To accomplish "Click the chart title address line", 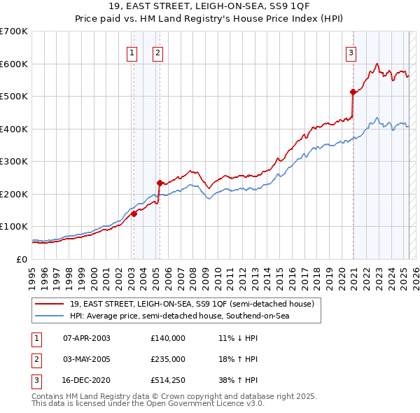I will (209, 8).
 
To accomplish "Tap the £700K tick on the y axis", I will (14, 31).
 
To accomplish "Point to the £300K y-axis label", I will (14, 162).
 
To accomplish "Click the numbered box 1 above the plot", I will (132, 52).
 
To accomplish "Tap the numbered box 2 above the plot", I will (158, 52).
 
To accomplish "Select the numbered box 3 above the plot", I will (351, 52).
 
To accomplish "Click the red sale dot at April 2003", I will (134, 214).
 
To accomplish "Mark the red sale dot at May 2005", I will (160, 183).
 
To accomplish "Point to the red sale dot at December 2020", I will (353, 92).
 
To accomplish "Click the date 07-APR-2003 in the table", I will (87, 339).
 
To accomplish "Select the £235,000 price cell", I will (168, 359).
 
